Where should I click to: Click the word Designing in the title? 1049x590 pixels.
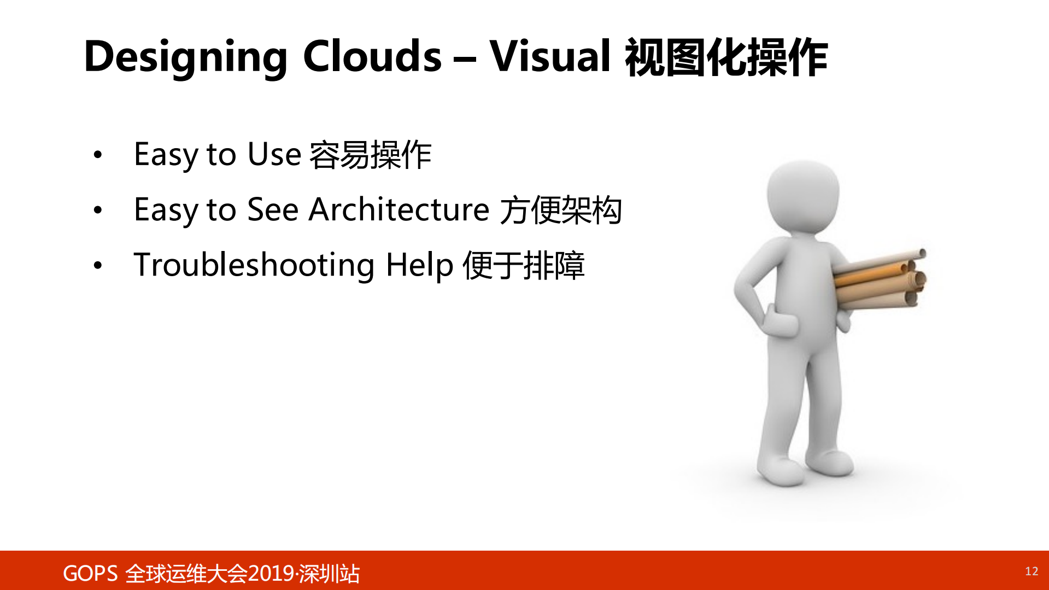(185, 57)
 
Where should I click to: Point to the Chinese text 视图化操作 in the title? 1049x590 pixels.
(726, 57)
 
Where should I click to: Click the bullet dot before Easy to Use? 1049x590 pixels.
(98, 155)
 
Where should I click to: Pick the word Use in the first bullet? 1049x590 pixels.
(274, 154)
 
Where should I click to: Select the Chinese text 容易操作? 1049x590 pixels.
(370, 155)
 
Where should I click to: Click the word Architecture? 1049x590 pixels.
(398, 209)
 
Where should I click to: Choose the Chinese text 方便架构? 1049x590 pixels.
(561, 210)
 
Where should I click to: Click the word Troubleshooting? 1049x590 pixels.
(254, 265)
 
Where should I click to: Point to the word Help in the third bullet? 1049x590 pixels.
(419, 265)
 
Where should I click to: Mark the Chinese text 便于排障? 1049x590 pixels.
(523, 265)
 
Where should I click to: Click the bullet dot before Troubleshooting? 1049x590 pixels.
(98, 266)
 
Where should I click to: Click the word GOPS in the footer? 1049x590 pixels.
(90, 574)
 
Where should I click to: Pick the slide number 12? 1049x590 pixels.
(1031, 571)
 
